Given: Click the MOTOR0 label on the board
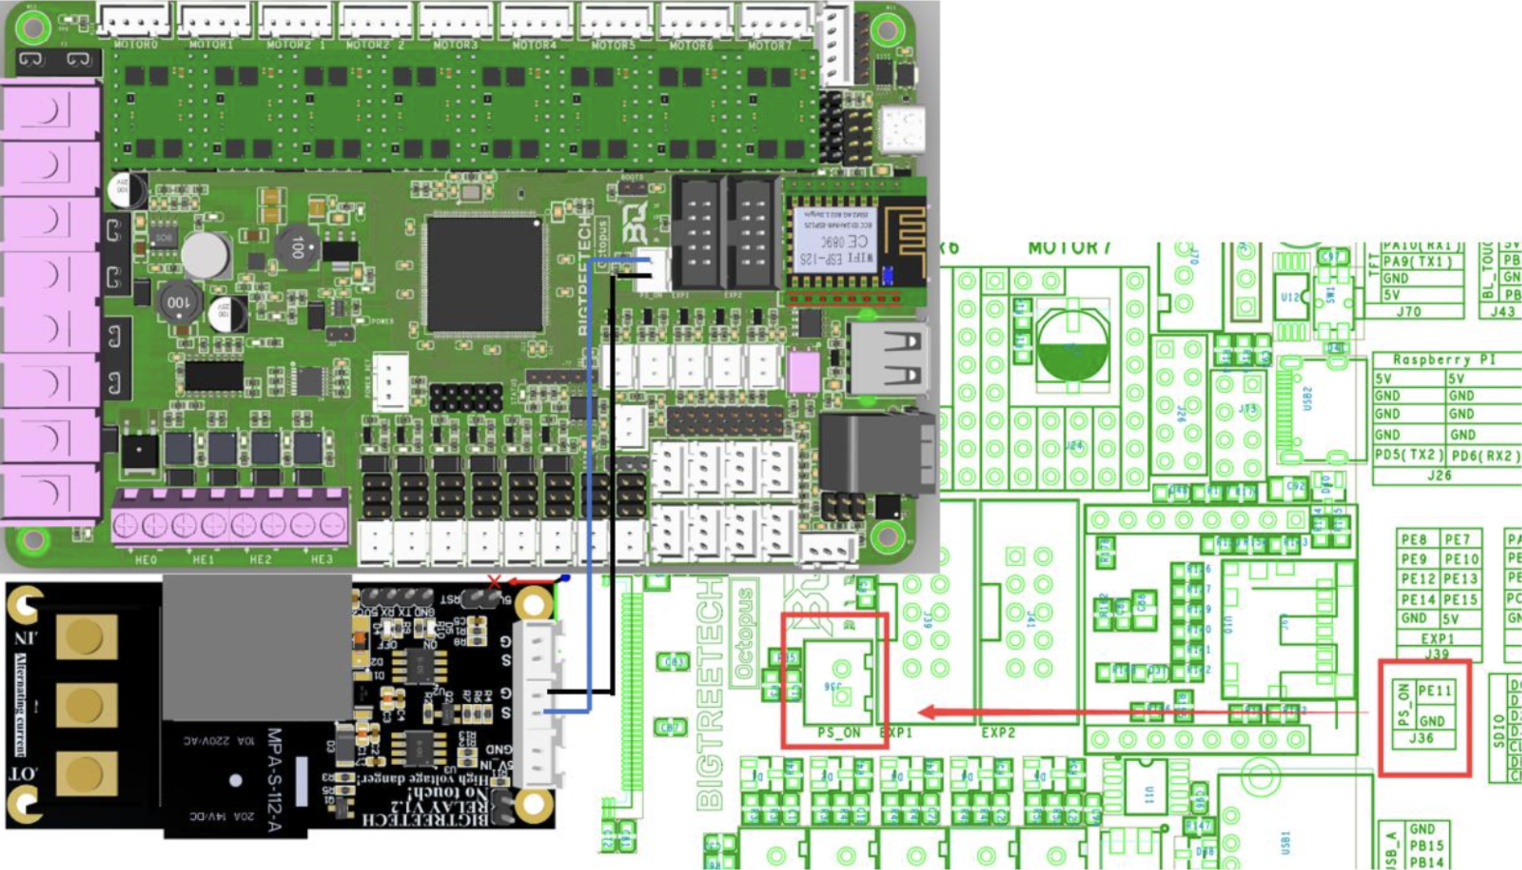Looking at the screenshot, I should point(136,45).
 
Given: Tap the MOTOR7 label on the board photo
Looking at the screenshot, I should point(769,45).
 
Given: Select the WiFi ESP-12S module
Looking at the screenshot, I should point(834,239).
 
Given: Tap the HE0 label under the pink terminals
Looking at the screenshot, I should point(146,560).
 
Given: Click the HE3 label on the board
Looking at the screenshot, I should point(321,560).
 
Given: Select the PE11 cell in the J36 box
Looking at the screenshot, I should point(1434,691).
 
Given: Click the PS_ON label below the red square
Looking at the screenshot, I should point(839,733).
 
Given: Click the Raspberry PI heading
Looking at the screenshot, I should point(1444,360).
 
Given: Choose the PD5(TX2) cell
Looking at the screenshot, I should point(1409,455).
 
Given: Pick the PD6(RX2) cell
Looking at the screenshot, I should point(1484,455).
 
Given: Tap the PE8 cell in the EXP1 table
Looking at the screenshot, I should point(1415,539).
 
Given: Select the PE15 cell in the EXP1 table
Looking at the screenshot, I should point(1461,600).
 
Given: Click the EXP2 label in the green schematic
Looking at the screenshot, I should point(998,733).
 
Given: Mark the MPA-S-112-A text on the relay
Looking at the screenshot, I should point(274,780).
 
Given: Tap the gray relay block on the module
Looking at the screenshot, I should point(256,647).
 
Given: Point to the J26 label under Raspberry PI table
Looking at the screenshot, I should point(1439,475).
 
